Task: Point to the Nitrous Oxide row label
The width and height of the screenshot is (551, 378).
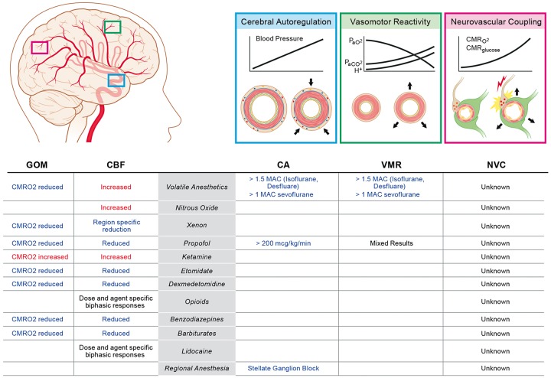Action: (203, 207)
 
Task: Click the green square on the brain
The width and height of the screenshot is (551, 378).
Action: (112, 28)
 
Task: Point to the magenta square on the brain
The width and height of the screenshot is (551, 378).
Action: (40, 47)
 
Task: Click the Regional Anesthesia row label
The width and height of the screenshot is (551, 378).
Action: (203, 369)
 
